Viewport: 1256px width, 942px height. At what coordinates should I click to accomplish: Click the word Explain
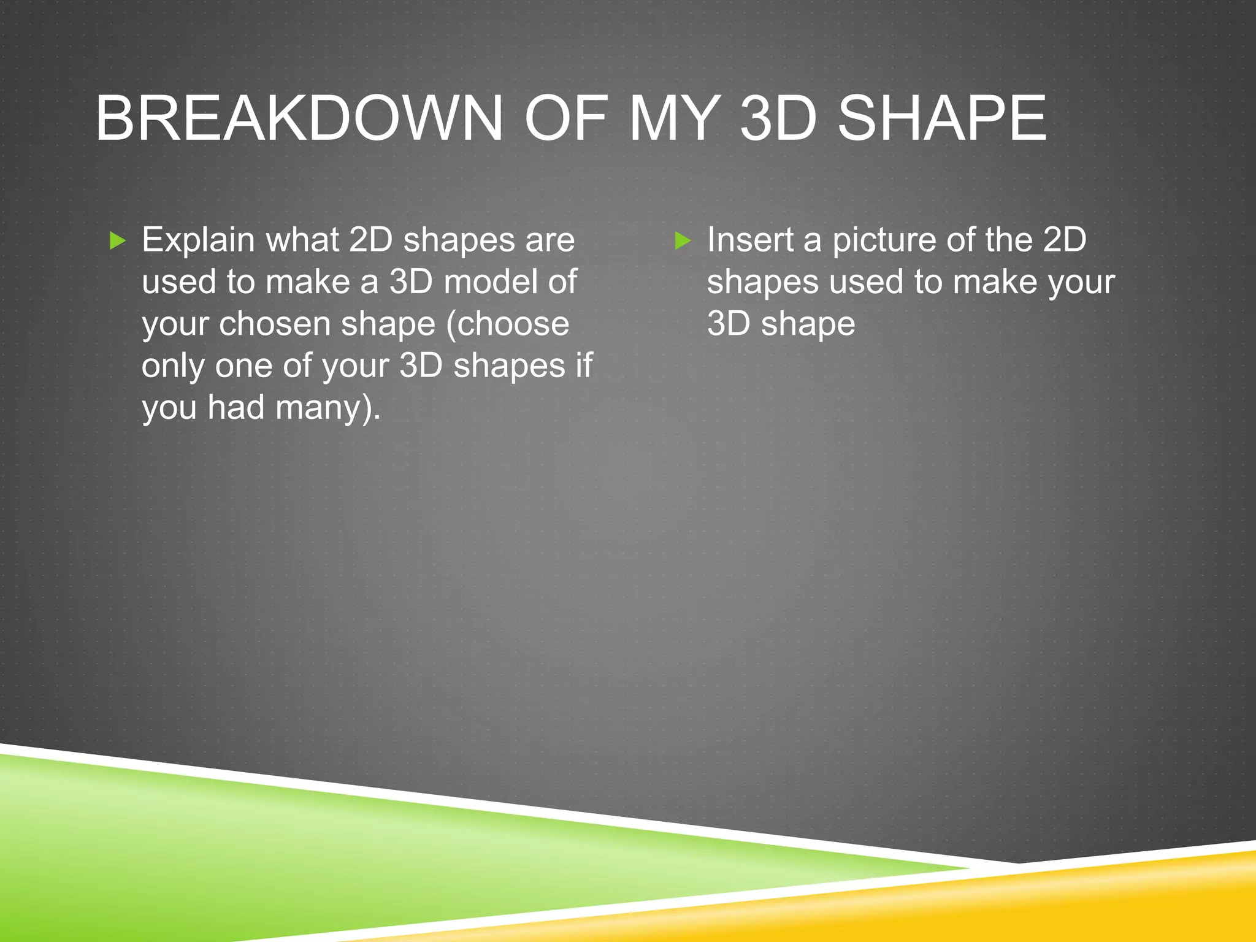point(198,240)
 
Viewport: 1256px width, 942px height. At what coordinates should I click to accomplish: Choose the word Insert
point(750,239)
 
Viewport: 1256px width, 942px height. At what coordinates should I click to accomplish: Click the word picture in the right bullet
point(884,240)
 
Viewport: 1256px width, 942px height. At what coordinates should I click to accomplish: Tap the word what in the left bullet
point(302,239)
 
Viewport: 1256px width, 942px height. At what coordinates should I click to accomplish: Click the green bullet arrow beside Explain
point(117,240)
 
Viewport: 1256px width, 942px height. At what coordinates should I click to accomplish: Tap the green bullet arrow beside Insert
point(683,240)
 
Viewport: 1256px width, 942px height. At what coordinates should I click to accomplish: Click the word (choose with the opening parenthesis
point(508,324)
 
